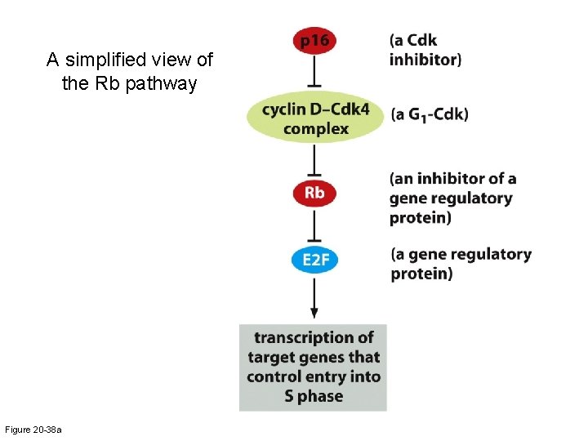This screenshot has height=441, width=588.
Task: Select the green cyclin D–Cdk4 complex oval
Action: click(x=315, y=118)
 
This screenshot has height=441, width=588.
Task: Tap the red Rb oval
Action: click(x=314, y=194)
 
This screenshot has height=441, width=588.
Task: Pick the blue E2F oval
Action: click(x=314, y=261)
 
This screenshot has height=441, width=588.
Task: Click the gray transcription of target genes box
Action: click(x=313, y=367)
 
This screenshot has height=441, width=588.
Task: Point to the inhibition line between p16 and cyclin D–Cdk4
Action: click(x=314, y=73)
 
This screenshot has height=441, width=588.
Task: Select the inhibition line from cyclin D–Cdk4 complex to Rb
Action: click(x=314, y=161)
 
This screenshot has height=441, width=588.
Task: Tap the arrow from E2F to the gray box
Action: click(x=314, y=297)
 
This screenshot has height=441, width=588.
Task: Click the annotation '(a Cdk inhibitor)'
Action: click(x=425, y=49)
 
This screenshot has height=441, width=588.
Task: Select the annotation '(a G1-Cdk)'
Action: click(x=429, y=114)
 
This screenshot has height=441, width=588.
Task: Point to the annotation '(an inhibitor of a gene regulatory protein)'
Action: click(x=452, y=198)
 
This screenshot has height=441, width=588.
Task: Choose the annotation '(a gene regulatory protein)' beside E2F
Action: click(x=461, y=264)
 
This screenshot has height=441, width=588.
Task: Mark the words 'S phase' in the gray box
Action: click(x=314, y=397)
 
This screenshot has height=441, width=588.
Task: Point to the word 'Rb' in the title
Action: click(x=114, y=83)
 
